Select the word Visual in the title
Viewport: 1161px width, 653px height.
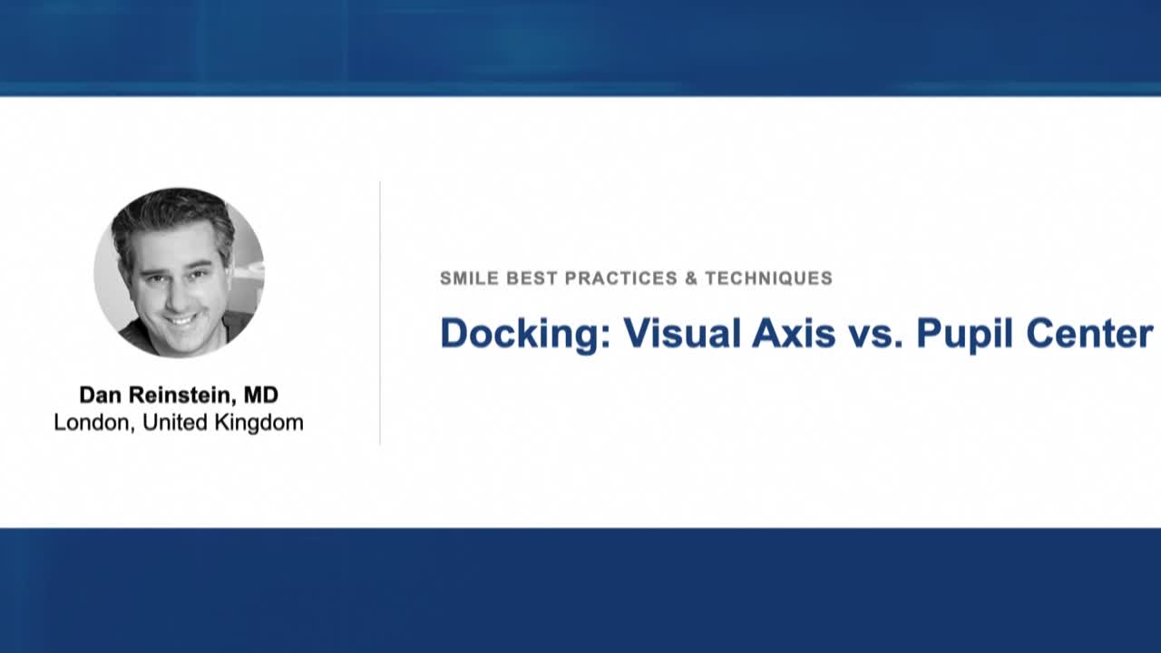pyautogui.click(x=682, y=334)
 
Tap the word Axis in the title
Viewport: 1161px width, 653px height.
pyautogui.click(x=794, y=334)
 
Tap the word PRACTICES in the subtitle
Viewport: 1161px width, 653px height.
pyautogui.click(x=621, y=278)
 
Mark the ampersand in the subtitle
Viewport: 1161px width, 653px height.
pyautogui.click(x=691, y=278)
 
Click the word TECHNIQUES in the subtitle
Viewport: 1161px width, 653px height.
pyautogui.click(x=768, y=278)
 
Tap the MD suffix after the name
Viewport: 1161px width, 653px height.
pyautogui.click(x=260, y=395)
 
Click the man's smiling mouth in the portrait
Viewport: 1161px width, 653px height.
pyautogui.click(x=179, y=319)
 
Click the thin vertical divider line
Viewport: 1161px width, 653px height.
pyautogui.click(x=380, y=313)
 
